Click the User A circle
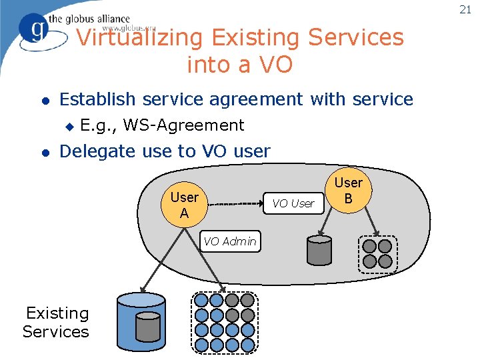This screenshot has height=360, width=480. pyautogui.click(x=184, y=205)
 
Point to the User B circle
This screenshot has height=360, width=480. pyautogui.click(x=348, y=190)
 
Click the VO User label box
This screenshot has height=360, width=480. pyautogui.click(x=293, y=203)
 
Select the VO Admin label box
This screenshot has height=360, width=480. pyautogui.click(x=230, y=241)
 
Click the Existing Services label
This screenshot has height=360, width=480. pyautogui.click(x=56, y=322)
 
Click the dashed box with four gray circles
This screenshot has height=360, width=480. pyautogui.click(x=377, y=254)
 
